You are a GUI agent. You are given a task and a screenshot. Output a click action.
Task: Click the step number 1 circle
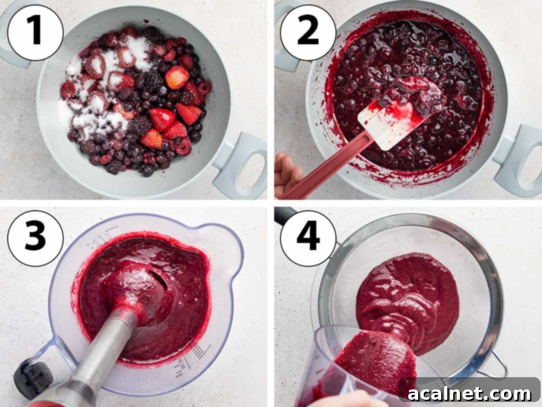click(x=35, y=32)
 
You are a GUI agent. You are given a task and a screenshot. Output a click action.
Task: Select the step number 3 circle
click(x=35, y=238)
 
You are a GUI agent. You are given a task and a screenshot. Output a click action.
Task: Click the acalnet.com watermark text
click(x=470, y=393)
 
